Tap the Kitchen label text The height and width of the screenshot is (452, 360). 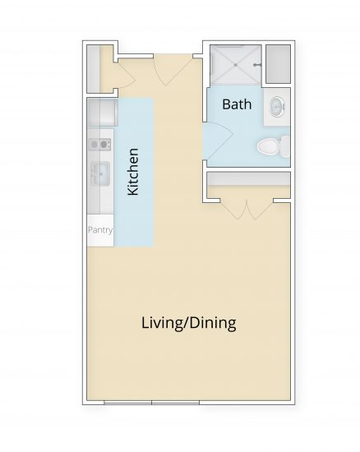132,171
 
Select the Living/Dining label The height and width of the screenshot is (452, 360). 188,322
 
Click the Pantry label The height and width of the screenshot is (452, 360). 99,230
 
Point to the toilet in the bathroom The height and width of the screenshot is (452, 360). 271,148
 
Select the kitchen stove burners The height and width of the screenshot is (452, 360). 99,145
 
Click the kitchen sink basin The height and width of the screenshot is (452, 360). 99,173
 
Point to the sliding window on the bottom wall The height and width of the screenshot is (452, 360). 154,402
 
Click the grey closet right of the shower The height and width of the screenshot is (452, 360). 279,64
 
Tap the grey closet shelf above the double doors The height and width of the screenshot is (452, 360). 247,179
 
